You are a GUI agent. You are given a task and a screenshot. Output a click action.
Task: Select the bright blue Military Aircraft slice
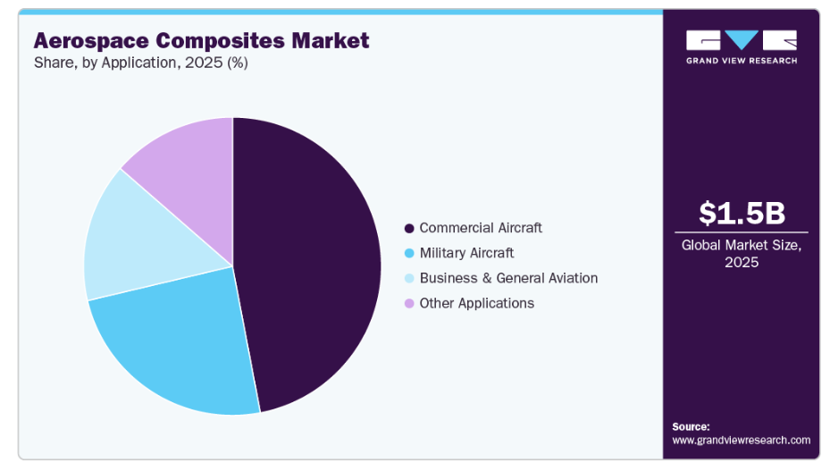tap(179, 344)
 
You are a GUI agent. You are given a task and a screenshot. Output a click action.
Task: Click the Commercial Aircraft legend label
tap(481, 228)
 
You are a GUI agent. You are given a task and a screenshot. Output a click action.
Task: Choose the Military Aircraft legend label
tap(466, 253)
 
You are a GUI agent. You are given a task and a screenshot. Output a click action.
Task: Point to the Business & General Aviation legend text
tap(508, 278)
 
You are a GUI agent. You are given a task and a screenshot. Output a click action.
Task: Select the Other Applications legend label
tap(476, 303)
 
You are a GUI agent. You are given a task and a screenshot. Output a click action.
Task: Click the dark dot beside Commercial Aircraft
tap(409, 228)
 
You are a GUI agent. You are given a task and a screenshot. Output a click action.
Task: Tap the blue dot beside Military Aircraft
tap(409, 253)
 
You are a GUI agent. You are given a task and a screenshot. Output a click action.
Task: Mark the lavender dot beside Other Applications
tap(409, 303)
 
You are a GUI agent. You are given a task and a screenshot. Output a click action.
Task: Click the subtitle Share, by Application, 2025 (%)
tap(140, 63)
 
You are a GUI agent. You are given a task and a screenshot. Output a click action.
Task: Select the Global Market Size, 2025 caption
tap(742, 253)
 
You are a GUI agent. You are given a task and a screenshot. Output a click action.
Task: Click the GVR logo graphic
tap(742, 40)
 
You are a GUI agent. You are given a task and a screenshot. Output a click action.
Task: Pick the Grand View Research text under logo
tap(742, 61)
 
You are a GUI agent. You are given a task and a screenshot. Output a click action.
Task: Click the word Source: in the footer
tap(691, 426)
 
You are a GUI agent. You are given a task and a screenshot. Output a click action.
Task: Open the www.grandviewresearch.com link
tap(741, 440)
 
